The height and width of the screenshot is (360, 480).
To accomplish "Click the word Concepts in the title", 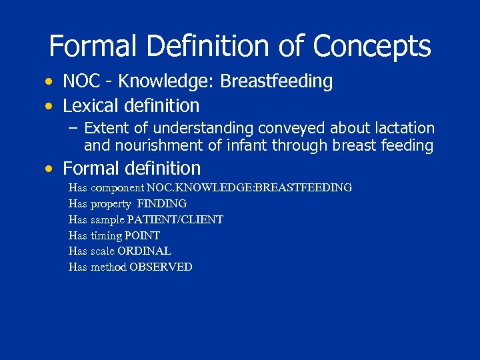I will click(371, 47).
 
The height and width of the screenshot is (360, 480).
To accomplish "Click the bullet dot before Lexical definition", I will click(49, 106).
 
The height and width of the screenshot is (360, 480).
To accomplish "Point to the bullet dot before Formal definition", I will click(49, 169).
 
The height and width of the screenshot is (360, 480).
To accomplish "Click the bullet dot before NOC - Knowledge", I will click(49, 82).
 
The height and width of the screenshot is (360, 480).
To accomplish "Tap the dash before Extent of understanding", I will click(73, 128).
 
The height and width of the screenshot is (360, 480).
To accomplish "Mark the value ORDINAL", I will click(144, 251).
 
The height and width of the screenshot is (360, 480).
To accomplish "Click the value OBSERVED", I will click(161, 267).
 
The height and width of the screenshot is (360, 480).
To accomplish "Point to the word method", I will click(108, 267).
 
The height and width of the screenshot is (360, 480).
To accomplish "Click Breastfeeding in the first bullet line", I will click(276, 81).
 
